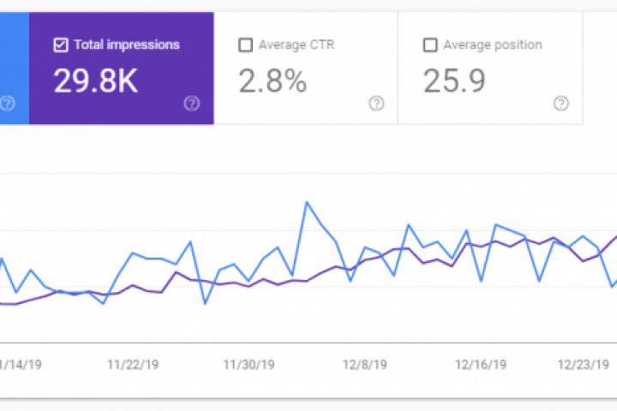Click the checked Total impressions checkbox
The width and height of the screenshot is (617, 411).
pyautogui.click(x=60, y=45)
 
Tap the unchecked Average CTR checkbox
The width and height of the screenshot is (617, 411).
pyautogui.click(x=246, y=45)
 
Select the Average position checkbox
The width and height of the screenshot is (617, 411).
pyautogui.click(x=430, y=45)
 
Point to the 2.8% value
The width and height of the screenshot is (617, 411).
pyautogui.click(x=273, y=80)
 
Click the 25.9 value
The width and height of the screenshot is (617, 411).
pyautogui.click(x=454, y=80)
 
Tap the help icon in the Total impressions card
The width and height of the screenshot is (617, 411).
pyautogui.click(x=192, y=104)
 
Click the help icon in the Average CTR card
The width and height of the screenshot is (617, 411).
pyautogui.click(x=376, y=104)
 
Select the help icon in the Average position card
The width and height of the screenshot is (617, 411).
pyautogui.click(x=561, y=104)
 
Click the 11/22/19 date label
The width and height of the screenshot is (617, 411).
pyautogui.click(x=133, y=364)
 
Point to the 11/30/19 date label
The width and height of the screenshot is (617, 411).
pyautogui.click(x=249, y=364)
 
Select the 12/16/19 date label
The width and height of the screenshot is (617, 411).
pyautogui.click(x=480, y=364)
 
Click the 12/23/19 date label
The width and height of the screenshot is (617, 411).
pyautogui.click(x=583, y=364)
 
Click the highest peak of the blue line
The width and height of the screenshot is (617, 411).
pyautogui.click(x=306, y=203)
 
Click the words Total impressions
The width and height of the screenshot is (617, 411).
pyautogui.click(x=126, y=45)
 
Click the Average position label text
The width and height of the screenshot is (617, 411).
pyautogui.click(x=492, y=45)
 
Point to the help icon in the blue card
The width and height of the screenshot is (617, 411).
pyautogui.click(x=8, y=104)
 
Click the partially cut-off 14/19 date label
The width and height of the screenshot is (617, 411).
pyautogui.click(x=22, y=364)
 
